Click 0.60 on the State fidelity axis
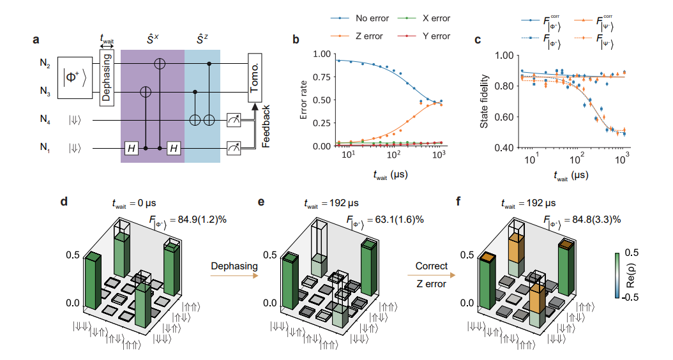[x=501, y=116]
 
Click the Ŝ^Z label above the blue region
[x=202, y=29]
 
